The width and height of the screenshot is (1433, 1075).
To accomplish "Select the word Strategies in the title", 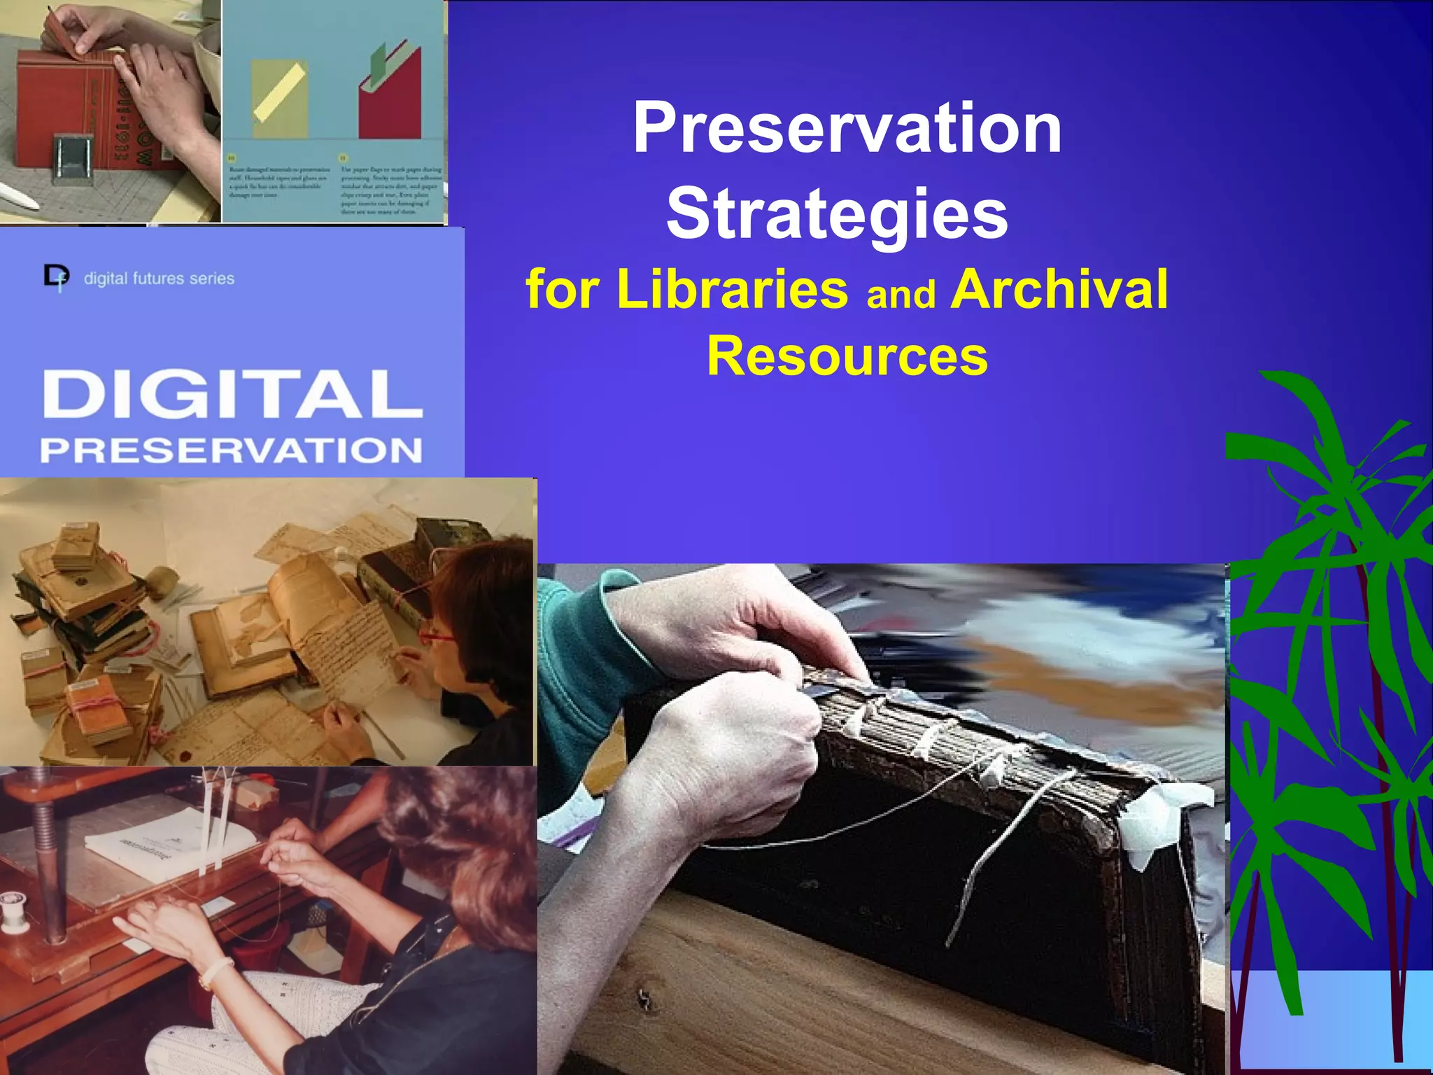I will pos(837,213).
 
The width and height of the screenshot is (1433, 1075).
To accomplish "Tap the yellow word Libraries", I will pos(732,288).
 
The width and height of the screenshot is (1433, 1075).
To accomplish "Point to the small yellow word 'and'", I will pos(901,294).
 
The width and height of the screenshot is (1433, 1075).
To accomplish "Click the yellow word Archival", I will pos(1059,288).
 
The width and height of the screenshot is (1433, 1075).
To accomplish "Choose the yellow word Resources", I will pos(847,356).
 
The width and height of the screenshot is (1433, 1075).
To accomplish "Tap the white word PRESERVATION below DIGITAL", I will pos(231,450).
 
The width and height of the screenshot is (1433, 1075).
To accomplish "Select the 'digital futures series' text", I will pos(159,279).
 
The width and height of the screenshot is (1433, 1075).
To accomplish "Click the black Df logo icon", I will pos(56,276).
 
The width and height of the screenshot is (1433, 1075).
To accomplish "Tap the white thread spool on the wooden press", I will pos(13,910).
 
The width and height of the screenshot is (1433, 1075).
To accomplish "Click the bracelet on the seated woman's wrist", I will pos(216,972).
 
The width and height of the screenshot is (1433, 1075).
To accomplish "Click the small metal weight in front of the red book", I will pos(72,160).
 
